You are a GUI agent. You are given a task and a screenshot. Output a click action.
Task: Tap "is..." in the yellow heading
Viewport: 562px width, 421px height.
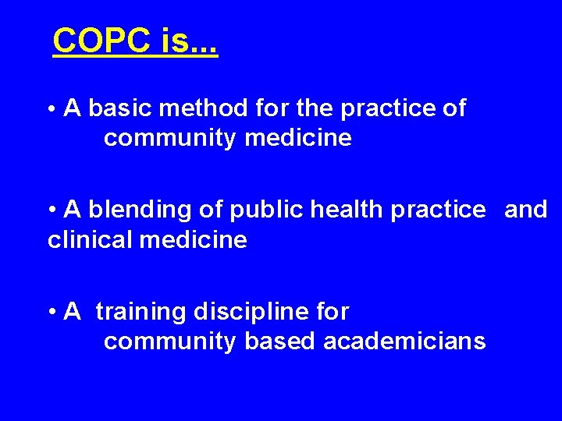(x=189, y=41)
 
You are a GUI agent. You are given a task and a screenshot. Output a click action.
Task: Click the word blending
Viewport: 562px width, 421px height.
(x=130, y=210)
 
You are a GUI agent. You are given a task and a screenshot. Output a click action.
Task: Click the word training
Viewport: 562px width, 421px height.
(x=141, y=312)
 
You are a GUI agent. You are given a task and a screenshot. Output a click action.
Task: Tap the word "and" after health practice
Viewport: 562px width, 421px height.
(x=526, y=210)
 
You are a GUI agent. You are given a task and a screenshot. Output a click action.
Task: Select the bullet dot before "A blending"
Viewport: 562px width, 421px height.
(x=52, y=210)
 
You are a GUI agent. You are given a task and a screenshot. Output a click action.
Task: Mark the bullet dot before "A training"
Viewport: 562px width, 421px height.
(x=52, y=313)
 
